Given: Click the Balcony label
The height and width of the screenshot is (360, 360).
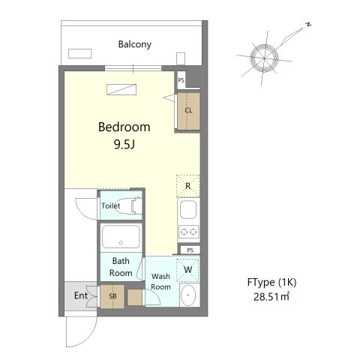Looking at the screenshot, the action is click(x=135, y=44).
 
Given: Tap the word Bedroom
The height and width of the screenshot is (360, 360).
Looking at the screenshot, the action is click(x=124, y=127).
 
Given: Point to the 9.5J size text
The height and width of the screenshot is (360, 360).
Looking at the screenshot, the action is click(x=124, y=144).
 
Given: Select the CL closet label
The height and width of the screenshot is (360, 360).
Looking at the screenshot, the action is click(x=188, y=110).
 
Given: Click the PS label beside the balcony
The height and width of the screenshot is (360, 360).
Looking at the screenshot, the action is click(x=181, y=80).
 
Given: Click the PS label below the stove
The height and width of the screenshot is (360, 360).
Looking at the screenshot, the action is click(x=190, y=250).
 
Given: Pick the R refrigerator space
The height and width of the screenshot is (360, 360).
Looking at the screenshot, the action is click(x=188, y=186).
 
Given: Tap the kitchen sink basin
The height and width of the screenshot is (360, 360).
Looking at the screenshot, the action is click(x=188, y=209).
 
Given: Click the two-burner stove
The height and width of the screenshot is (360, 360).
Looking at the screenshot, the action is click(x=189, y=232).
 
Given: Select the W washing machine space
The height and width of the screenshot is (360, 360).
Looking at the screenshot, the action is click(x=188, y=269).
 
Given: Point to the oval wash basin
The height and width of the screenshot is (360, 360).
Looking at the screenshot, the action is click(x=188, y=295).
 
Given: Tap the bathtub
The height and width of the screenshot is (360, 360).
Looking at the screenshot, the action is click(x=121, y=237).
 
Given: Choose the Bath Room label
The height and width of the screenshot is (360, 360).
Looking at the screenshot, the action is click(x=121, y=267).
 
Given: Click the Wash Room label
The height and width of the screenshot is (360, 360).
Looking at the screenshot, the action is click(x=160, y=281).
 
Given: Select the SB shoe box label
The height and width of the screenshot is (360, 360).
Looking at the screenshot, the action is click(x=112, y=296).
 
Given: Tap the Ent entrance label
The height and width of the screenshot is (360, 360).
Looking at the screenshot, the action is click(x=81, y=295).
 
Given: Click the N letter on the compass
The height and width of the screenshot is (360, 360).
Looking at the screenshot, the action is click(x=309, y=24).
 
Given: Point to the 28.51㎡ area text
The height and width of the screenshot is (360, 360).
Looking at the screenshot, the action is click(x=271, y=297).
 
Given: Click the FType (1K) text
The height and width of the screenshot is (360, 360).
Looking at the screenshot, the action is click(x=271, y=283).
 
